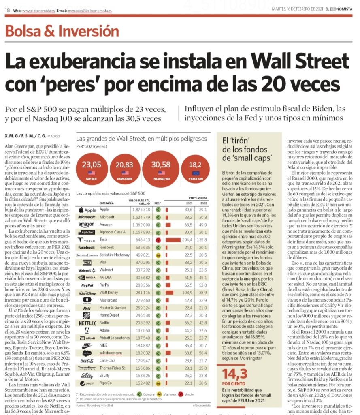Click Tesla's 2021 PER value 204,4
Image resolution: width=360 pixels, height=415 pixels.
[187, 240]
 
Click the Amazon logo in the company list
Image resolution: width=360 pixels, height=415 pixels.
[86, 225]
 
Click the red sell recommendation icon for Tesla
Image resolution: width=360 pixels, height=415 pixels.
[159, 240]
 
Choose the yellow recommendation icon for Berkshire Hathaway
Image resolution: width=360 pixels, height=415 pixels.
[159, 255]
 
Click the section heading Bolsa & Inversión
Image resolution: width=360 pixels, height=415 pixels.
[62, 30]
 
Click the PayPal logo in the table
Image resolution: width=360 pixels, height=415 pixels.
[86, 285]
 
